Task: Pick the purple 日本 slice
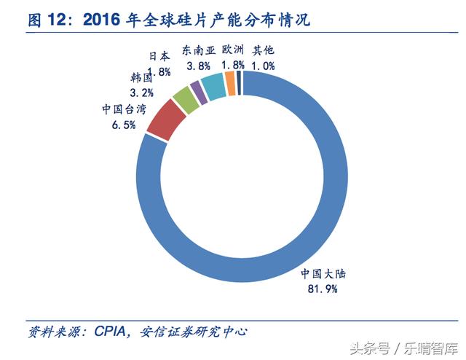(x=198, y=93)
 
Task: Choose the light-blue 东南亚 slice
(x=213, y=87)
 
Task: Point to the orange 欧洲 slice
(x=230, y=83)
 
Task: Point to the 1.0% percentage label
(x=263, y=66)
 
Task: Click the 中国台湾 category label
(x=124, y=110)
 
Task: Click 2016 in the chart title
(x=103, y=20)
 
